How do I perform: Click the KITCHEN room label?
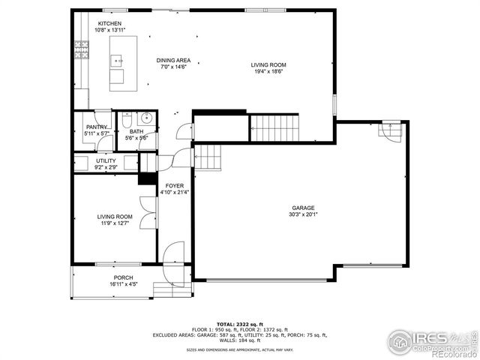tap(109, 24)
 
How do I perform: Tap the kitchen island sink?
tap(118, 60)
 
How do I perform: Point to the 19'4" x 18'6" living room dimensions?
tap(268, 72)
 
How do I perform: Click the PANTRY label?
tap(97, 127)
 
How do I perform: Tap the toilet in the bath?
tap(127, 121)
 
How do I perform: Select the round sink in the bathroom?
tap(145, 118)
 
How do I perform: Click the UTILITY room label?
tap(106, 160)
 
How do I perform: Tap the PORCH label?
tap(123, 278)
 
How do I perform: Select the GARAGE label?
tap(303, 208)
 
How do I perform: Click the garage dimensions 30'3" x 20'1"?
tap(303, 214)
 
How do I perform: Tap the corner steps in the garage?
tap(391, 132)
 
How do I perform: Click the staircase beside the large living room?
tap(274, 127)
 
